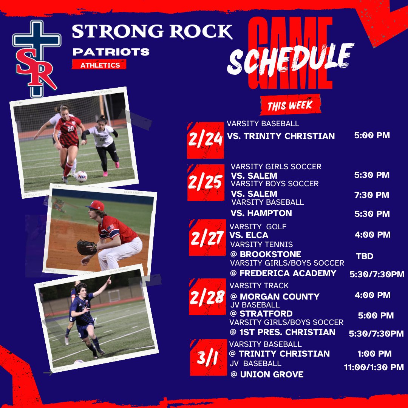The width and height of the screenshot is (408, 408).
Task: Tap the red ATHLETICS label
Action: [x=99, y=65]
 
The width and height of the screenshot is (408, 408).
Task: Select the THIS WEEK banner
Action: [x=290, y=105]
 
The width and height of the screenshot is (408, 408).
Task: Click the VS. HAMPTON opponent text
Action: [x=261, y=213]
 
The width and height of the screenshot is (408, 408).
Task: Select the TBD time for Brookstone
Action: [x=365, y=256]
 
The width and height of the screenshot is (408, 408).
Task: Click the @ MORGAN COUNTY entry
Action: [x=275, y=297]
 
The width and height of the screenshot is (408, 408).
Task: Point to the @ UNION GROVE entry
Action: [x=267, y=374]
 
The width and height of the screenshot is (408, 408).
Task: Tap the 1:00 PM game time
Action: [x=374, y=354]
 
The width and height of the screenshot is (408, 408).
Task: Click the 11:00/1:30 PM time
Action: [x=374, y=367]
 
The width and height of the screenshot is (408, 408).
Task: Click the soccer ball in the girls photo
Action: [x=81, y=176]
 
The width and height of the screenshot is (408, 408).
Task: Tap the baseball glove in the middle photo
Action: [x=87, y=248]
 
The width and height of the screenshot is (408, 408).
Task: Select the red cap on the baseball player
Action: [x=95, y=206]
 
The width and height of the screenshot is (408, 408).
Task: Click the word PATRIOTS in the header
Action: [x=111, y=52]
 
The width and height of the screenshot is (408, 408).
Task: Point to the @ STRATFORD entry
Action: [x=261, y=314]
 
